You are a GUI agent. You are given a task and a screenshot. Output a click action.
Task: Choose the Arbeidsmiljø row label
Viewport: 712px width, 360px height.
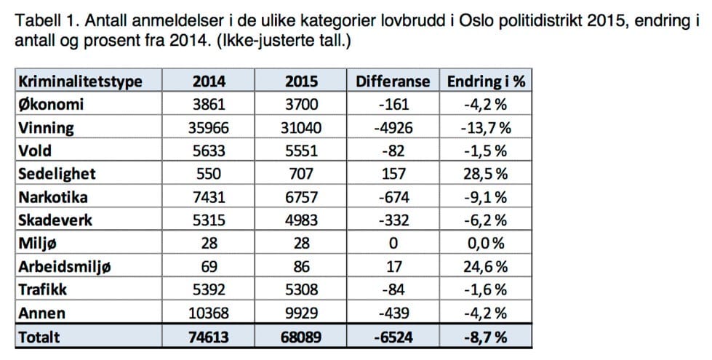click(x=65, y=268)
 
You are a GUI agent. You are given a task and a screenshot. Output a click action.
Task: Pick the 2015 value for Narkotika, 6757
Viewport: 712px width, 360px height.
click(x=299, y=198)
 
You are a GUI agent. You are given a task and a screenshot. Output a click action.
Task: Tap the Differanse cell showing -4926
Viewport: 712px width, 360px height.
click(x=393, y=128)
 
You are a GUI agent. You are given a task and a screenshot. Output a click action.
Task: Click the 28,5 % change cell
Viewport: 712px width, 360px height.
click(x=487, y=175)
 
